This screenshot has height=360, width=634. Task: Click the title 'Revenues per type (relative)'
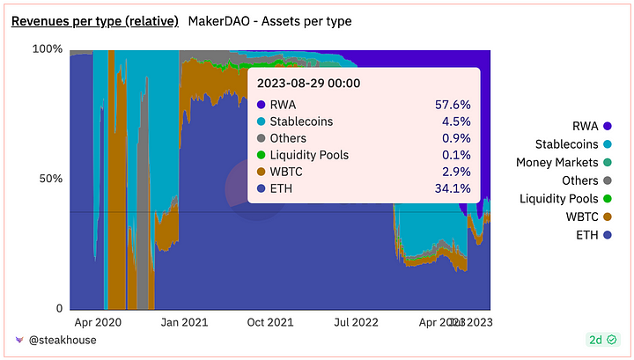pos(94,20)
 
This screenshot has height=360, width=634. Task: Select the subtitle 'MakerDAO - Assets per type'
pos(270,20)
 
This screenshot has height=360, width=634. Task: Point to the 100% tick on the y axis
pos(48,48)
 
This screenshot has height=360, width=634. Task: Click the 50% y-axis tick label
pos(51,179)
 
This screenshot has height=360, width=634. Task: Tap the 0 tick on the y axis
pos(59,309)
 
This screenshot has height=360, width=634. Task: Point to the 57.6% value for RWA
pos(453,105)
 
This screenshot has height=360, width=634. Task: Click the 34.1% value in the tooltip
pos(453,187)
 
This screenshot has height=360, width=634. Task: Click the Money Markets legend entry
pos(557,162)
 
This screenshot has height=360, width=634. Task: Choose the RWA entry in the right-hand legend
pos(584,126)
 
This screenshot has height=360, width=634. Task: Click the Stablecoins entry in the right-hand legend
pos(567,143)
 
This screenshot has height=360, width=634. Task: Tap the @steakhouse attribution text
pos(62,339)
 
